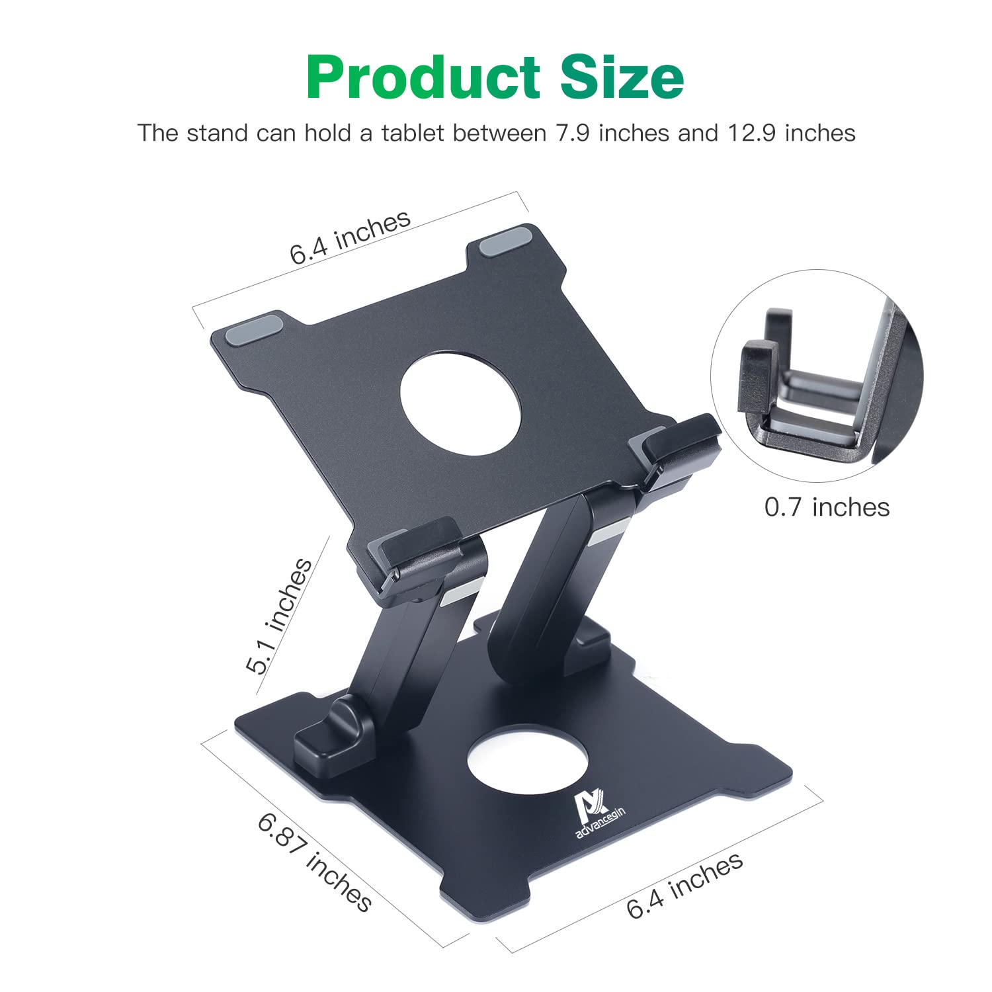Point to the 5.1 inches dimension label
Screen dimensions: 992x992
pos(279,616)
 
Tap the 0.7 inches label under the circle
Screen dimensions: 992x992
pos(827,507)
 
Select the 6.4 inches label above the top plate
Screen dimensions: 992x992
pos(350,237)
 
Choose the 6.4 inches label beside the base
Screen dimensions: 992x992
pos(685,885)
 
